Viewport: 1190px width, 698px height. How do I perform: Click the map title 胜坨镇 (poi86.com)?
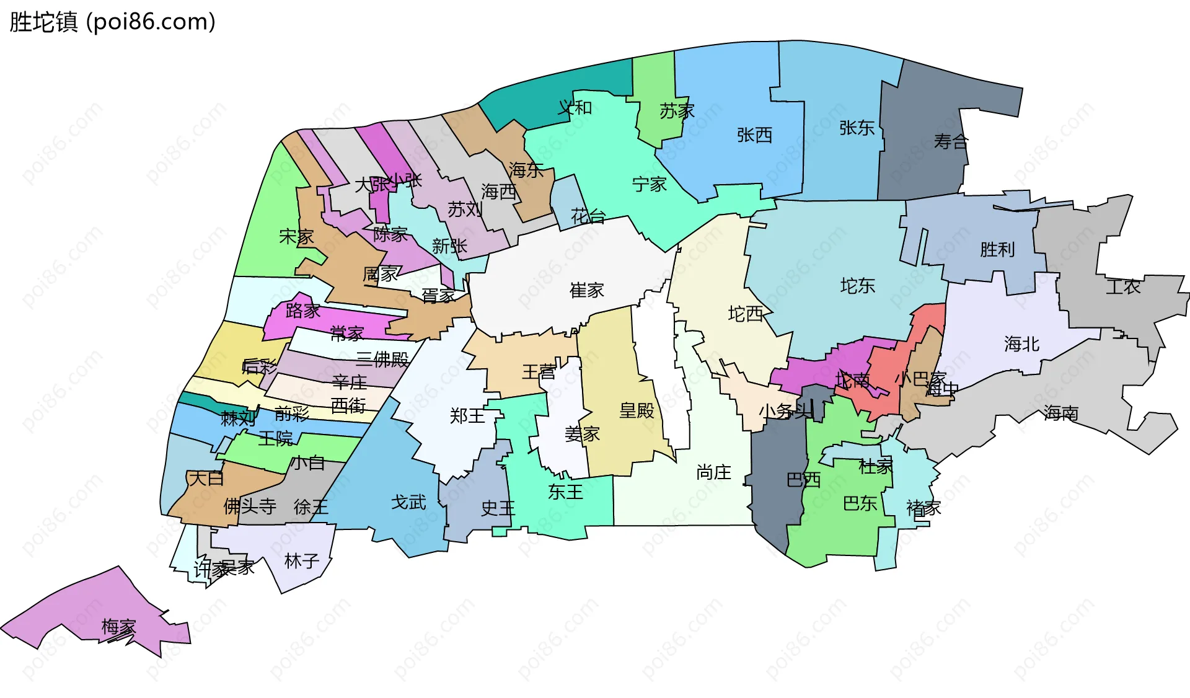click(112, 22)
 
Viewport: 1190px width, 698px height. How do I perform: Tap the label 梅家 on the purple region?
click(118, 627)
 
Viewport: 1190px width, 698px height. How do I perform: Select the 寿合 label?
click(950, 142)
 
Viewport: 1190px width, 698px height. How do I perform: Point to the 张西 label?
click(754, 135)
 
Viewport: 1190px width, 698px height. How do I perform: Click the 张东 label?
click(857, 128)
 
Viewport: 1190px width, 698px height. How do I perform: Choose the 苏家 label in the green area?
click(677, 112)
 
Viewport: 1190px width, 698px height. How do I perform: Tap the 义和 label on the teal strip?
click(575, 108)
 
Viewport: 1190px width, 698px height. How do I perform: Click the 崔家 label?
click(586, 290)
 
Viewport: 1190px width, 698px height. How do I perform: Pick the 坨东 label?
click(857, 286)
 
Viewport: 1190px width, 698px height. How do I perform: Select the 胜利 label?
click(997, 250)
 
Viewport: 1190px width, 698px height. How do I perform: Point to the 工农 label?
click(1123, 287)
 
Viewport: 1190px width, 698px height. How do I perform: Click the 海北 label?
click(1021, 344)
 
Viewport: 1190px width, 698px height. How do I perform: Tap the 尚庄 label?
click(713, 473)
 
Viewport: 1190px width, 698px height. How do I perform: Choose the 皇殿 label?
click(637, 410)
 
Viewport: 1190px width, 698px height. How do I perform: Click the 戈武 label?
click(408, 502)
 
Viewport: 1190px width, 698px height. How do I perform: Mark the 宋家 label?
click(296, 236)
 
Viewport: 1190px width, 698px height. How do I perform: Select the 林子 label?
click(302, 562)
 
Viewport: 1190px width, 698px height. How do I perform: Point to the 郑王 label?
click(467, 416)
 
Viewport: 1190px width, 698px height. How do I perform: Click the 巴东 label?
click(860, 503)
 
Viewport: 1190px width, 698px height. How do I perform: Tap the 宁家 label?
click(649, 184)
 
